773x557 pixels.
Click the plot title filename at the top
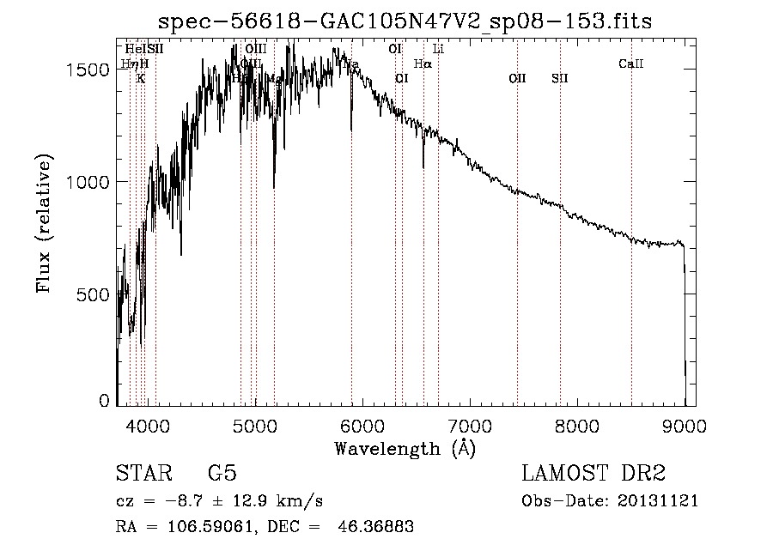point(406,21)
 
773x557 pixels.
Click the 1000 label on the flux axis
point(89,182)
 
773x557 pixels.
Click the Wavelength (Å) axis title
point(405,448)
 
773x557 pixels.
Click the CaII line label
point(631,64)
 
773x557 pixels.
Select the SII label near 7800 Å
point(560,79)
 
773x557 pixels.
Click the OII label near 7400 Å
point(517,79)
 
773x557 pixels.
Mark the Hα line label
point(423,64)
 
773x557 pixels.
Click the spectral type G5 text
point(222,475)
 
